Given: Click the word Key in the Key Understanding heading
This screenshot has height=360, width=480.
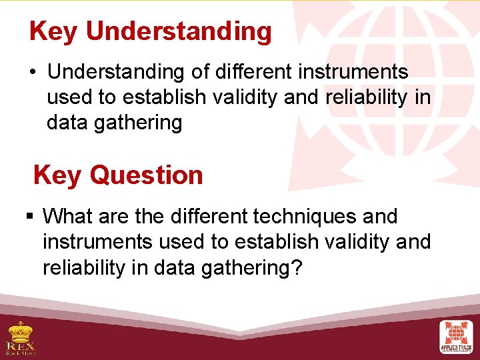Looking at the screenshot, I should [x=54, y=31].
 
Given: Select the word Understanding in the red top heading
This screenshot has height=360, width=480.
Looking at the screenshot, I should [x=179, y=31].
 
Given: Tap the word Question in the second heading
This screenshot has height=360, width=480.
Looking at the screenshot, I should [x=146, y=175].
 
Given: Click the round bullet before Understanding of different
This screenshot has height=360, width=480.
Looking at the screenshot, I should [x=33, y=71].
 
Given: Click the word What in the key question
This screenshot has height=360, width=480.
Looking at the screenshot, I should [x=69, y=217].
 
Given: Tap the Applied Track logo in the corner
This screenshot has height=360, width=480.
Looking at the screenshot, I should [x=456, y=337].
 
